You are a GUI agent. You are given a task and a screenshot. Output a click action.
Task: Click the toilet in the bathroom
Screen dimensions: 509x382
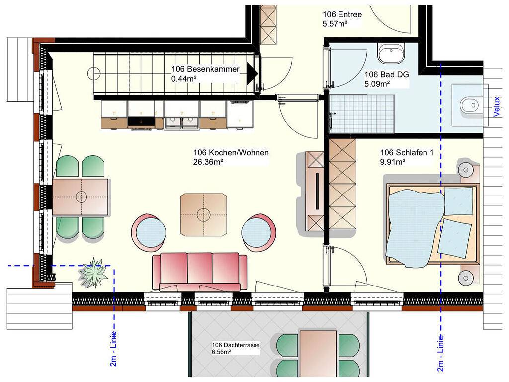pyautogui.click(x=470, y=105)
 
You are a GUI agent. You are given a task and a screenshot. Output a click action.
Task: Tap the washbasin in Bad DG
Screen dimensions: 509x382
pyautogui.click(x=391, y=53)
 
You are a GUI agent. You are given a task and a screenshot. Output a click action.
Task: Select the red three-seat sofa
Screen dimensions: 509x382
pyautogui.click(x=200, y=272)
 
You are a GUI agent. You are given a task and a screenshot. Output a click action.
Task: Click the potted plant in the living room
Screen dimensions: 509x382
pyautogui.click(x=93, y=273)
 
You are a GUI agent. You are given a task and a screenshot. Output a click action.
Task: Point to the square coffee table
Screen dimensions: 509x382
pyautogui.click(x=203, y=215)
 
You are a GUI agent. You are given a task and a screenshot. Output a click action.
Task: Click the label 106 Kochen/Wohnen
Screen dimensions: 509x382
pyautogui.click(x=231, y=152)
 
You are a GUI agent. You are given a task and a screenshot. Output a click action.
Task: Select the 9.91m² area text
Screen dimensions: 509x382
pyautogui.click(x=393, y=162)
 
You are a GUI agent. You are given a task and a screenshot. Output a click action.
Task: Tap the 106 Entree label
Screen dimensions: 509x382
pyautogui.click(x=342, y=14)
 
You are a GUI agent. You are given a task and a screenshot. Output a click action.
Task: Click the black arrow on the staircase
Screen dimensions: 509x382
pyautogui.click(x=252, y=74)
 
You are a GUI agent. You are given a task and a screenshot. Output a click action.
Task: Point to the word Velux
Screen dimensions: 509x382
pyautogui.click(x=497, y=107)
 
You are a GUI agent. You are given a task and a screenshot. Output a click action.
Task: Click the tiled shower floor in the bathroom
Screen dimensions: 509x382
pyautogui.click(x=361, y=114)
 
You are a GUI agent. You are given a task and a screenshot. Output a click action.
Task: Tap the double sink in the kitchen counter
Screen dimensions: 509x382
pyautogui.click(x=182, y=122)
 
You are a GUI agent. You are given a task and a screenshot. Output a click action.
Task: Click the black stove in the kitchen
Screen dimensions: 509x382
pyautogui.click(x=141, y=122)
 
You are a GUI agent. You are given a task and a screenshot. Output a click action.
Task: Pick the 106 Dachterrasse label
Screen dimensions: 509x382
pyautogui.click(x=236, y=345)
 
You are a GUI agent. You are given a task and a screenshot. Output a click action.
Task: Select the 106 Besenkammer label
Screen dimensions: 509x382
pyautogui.click(x=205, y=69)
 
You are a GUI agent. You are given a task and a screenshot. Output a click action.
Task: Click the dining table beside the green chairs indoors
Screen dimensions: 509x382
pyautogui.click(x=81, y=197)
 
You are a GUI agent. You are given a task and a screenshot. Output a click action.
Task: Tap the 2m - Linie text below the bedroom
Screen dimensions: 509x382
pyautogui.click(x=440, y=353)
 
